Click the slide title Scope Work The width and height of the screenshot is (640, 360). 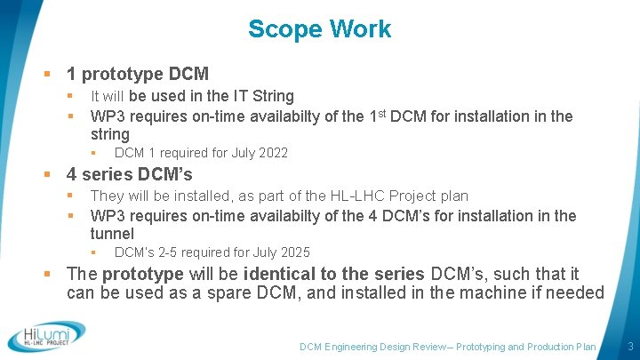tap(319, 29)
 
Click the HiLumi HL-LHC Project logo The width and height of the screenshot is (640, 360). tap(46, 337)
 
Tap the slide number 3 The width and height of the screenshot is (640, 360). tap(629, 346)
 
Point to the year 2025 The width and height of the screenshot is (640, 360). tap(294, 252)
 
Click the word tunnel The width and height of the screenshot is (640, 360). tap(112, 234)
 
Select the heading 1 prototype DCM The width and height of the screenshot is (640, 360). tap(138, 74)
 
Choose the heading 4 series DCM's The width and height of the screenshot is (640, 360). tap(130, 174)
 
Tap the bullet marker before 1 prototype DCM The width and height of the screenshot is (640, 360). tap(55, 75)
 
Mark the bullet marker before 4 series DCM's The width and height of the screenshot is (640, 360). tap(55, 175)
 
